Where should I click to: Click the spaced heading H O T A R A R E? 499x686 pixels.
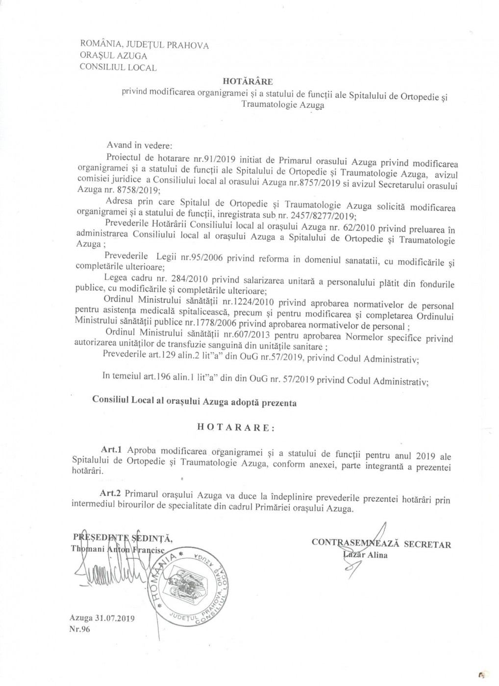tap(235, 426)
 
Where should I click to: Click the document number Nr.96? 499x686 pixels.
tap(80, 630)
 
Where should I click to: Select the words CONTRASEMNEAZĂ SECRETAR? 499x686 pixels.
tap(381, 544)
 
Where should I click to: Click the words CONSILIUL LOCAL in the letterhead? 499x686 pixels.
tap(118, 68)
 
